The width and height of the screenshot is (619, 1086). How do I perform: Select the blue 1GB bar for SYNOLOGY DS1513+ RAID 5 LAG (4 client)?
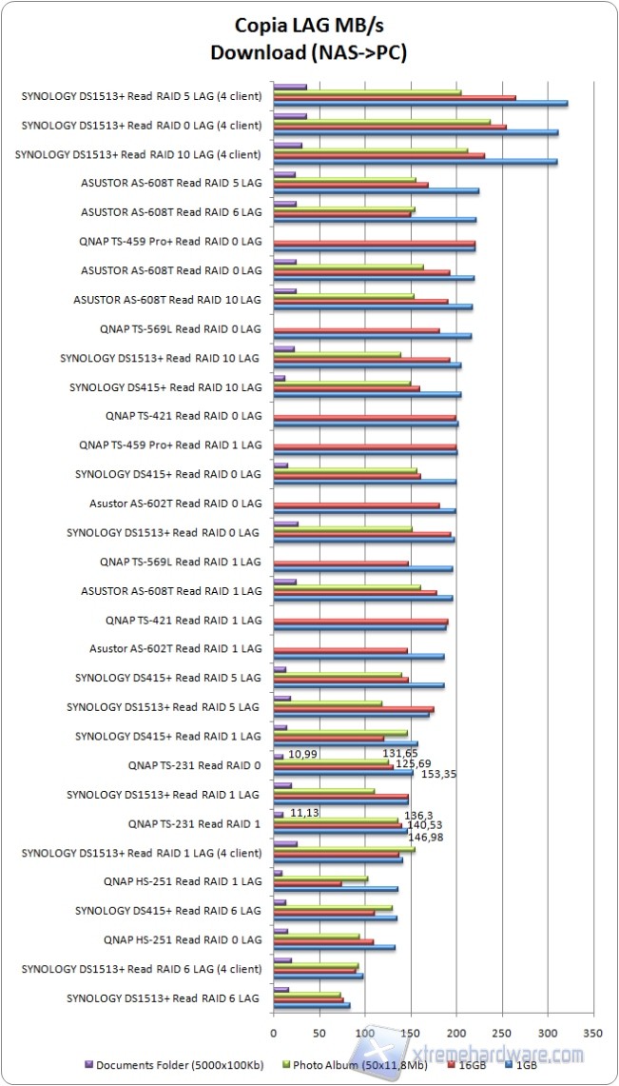(x=420, y=103)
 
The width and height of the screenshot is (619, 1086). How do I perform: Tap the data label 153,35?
(x=437, y=774)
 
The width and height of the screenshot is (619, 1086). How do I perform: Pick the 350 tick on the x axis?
(x=593, y=1032)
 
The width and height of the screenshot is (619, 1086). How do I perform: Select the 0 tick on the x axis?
(x=274, y=1032)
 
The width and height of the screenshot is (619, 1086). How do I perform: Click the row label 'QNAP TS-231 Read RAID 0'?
(x=194, y=765)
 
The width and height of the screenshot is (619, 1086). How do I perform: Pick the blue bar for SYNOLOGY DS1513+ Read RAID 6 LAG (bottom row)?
(x=311, y=1005)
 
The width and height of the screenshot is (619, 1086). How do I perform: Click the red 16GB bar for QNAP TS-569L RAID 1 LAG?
(x=340, y=563)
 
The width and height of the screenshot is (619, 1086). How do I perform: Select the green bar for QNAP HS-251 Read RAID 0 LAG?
(x=317, y=935)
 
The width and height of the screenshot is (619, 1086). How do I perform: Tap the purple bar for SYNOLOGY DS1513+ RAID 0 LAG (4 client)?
(x=290, y=116)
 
